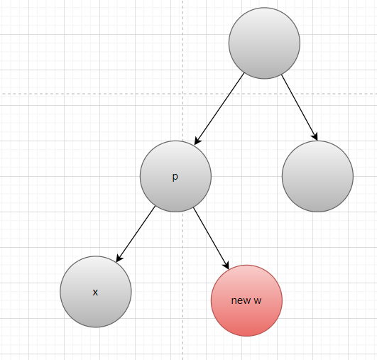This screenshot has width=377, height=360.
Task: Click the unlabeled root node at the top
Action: point(264,43)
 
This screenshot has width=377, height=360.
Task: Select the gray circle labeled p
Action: point(175,176)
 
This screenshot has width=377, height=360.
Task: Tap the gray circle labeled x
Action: point(96,292)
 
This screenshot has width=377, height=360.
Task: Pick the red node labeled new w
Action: point(246,300)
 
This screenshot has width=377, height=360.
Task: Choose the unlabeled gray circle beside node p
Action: point(317,176)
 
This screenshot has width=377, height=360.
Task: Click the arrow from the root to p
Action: point(219,109)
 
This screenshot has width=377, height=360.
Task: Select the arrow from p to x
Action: point(136,234)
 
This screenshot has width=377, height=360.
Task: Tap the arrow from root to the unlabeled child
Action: point(300,107)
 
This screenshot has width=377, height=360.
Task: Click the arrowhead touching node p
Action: point(197,141)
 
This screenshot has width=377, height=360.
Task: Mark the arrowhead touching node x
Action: point(119,258)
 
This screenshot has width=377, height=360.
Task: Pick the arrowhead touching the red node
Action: point(226,265)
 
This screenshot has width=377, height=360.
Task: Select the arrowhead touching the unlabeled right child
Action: point(315,136)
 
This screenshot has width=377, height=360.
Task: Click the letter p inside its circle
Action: point(175,177)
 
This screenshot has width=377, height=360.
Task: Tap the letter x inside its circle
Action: point(95,292)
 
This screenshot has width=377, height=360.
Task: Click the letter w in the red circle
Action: point(258,301)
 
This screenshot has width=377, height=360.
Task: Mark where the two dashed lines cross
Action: point(182,94)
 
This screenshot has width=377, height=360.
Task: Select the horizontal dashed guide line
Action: point(189,94)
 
